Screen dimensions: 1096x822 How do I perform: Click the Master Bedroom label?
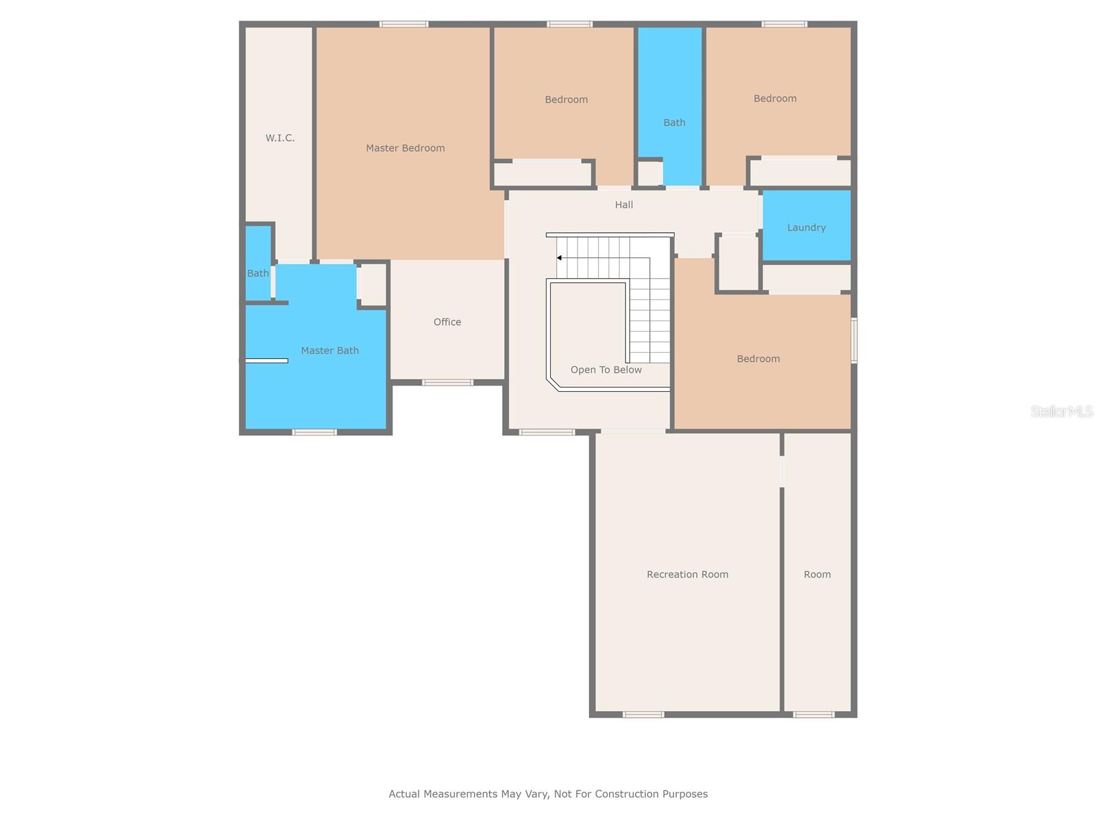pyautogui.click(x=405, y=148)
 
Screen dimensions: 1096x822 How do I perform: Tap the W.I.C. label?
pyautogui.click(x=279, y=138)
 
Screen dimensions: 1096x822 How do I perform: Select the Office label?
pyautogui.click(x=447, y=322)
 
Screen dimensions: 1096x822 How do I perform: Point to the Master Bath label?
pyautogui.click(x=329, y=350)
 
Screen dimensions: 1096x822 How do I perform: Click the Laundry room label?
pyautogui.click(x=806, y=227)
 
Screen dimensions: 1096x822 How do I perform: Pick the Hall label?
pyautogui.click(x=623, y=205)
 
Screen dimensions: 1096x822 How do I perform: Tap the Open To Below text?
pyautogui.click(x=606, y=369)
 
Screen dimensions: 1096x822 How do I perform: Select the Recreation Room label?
pyautogui.click(x=687, y=574)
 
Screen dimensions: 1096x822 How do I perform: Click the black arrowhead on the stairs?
pyautogui.click(x=559, y=258)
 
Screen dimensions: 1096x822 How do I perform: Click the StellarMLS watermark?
pyautogui.click(x=1062, y=411)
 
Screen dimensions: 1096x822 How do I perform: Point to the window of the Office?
pyautogui.click(x=447, y=382)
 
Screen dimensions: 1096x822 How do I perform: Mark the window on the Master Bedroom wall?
pyautogui.click(x=403, y=24)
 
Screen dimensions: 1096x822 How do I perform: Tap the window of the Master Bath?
pyautogui.click(x=314, y=432)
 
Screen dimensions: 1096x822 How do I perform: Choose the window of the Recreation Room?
pyautogui.click(x=643, y=714)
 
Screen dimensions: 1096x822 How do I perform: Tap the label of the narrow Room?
pyautogui.click(x=817, y=574)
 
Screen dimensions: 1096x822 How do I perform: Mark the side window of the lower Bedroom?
pyautogui.click(x=854, y=340)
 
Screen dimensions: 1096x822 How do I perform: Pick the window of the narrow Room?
pyautogui.click(x=813, y=714)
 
